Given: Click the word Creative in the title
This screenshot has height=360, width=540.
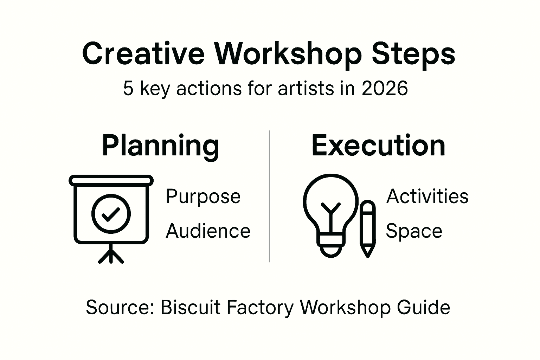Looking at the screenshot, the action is click(143, 53).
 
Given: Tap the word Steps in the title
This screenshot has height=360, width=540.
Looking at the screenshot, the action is click(413, 56).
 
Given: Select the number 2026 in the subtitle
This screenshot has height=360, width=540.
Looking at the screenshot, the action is click(385, 89).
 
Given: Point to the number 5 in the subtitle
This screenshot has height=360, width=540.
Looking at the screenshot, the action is click(128, 89).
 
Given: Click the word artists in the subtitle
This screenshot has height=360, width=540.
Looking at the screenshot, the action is click(306, 89).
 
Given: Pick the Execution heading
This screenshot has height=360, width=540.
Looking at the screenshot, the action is click(378, 146).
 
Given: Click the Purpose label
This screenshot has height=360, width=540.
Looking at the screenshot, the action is click(203, 198).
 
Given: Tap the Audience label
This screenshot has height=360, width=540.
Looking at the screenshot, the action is click(208, 231).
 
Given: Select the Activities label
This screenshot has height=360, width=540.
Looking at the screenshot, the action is click(427, 196).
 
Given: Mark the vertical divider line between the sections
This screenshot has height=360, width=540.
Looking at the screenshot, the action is click(270, 196).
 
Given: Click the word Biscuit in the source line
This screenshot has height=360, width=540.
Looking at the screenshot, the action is click(191, 307).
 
